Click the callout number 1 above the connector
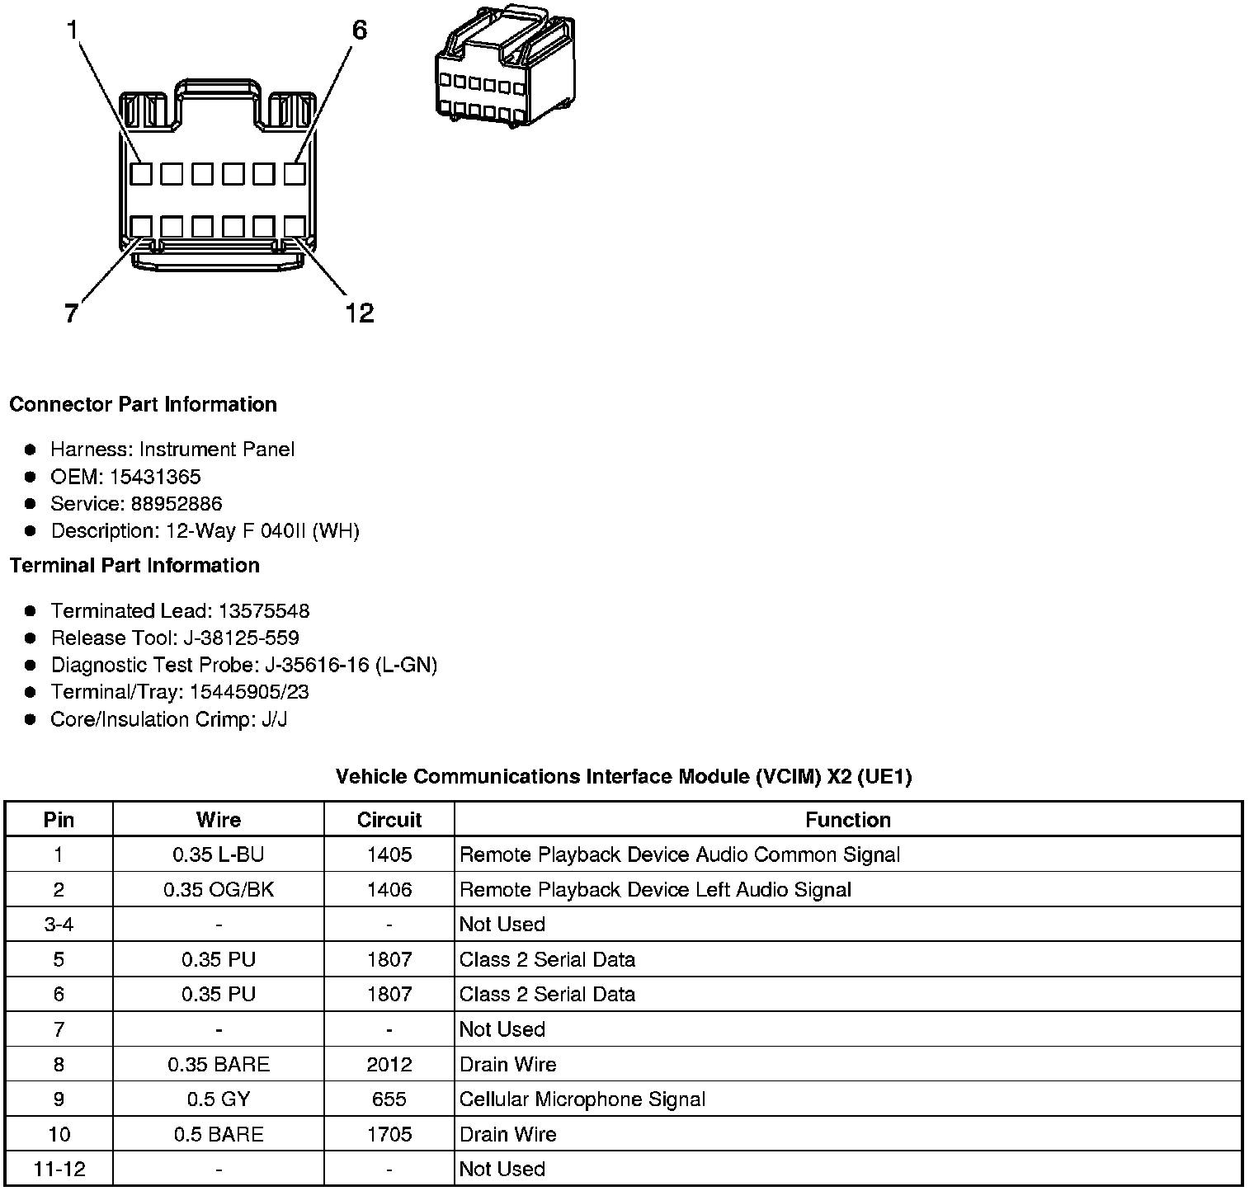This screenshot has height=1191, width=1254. (x=73, y=31)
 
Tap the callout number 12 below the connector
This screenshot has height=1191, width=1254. (x=360, y=313)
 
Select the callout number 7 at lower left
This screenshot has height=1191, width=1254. (x=71, y=313)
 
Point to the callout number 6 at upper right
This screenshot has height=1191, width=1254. (x=359, y=31)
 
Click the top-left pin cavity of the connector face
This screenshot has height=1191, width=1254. (x=141, y=174)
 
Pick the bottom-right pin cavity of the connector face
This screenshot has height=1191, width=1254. (x=295, y=227)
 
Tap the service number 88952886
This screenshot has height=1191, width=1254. (x=177, y=504)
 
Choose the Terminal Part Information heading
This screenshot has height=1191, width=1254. (x=134, y=566)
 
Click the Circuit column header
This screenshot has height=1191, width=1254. (x=389, y=820)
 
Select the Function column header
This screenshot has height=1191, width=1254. (x=847, y=820)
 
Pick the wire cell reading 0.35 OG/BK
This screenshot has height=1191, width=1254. (x=219, y=890)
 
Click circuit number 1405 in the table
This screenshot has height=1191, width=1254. (x=389, y=855)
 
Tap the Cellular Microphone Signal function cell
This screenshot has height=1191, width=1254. (x=582, y=1099)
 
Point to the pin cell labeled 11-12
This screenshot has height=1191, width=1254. (x=59, y=1169)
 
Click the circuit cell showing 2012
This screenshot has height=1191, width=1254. (x=389, y=1065)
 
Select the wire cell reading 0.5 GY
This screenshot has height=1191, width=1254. (x=219, y=1099)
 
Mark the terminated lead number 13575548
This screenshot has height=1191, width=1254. (x=264, y=611)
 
